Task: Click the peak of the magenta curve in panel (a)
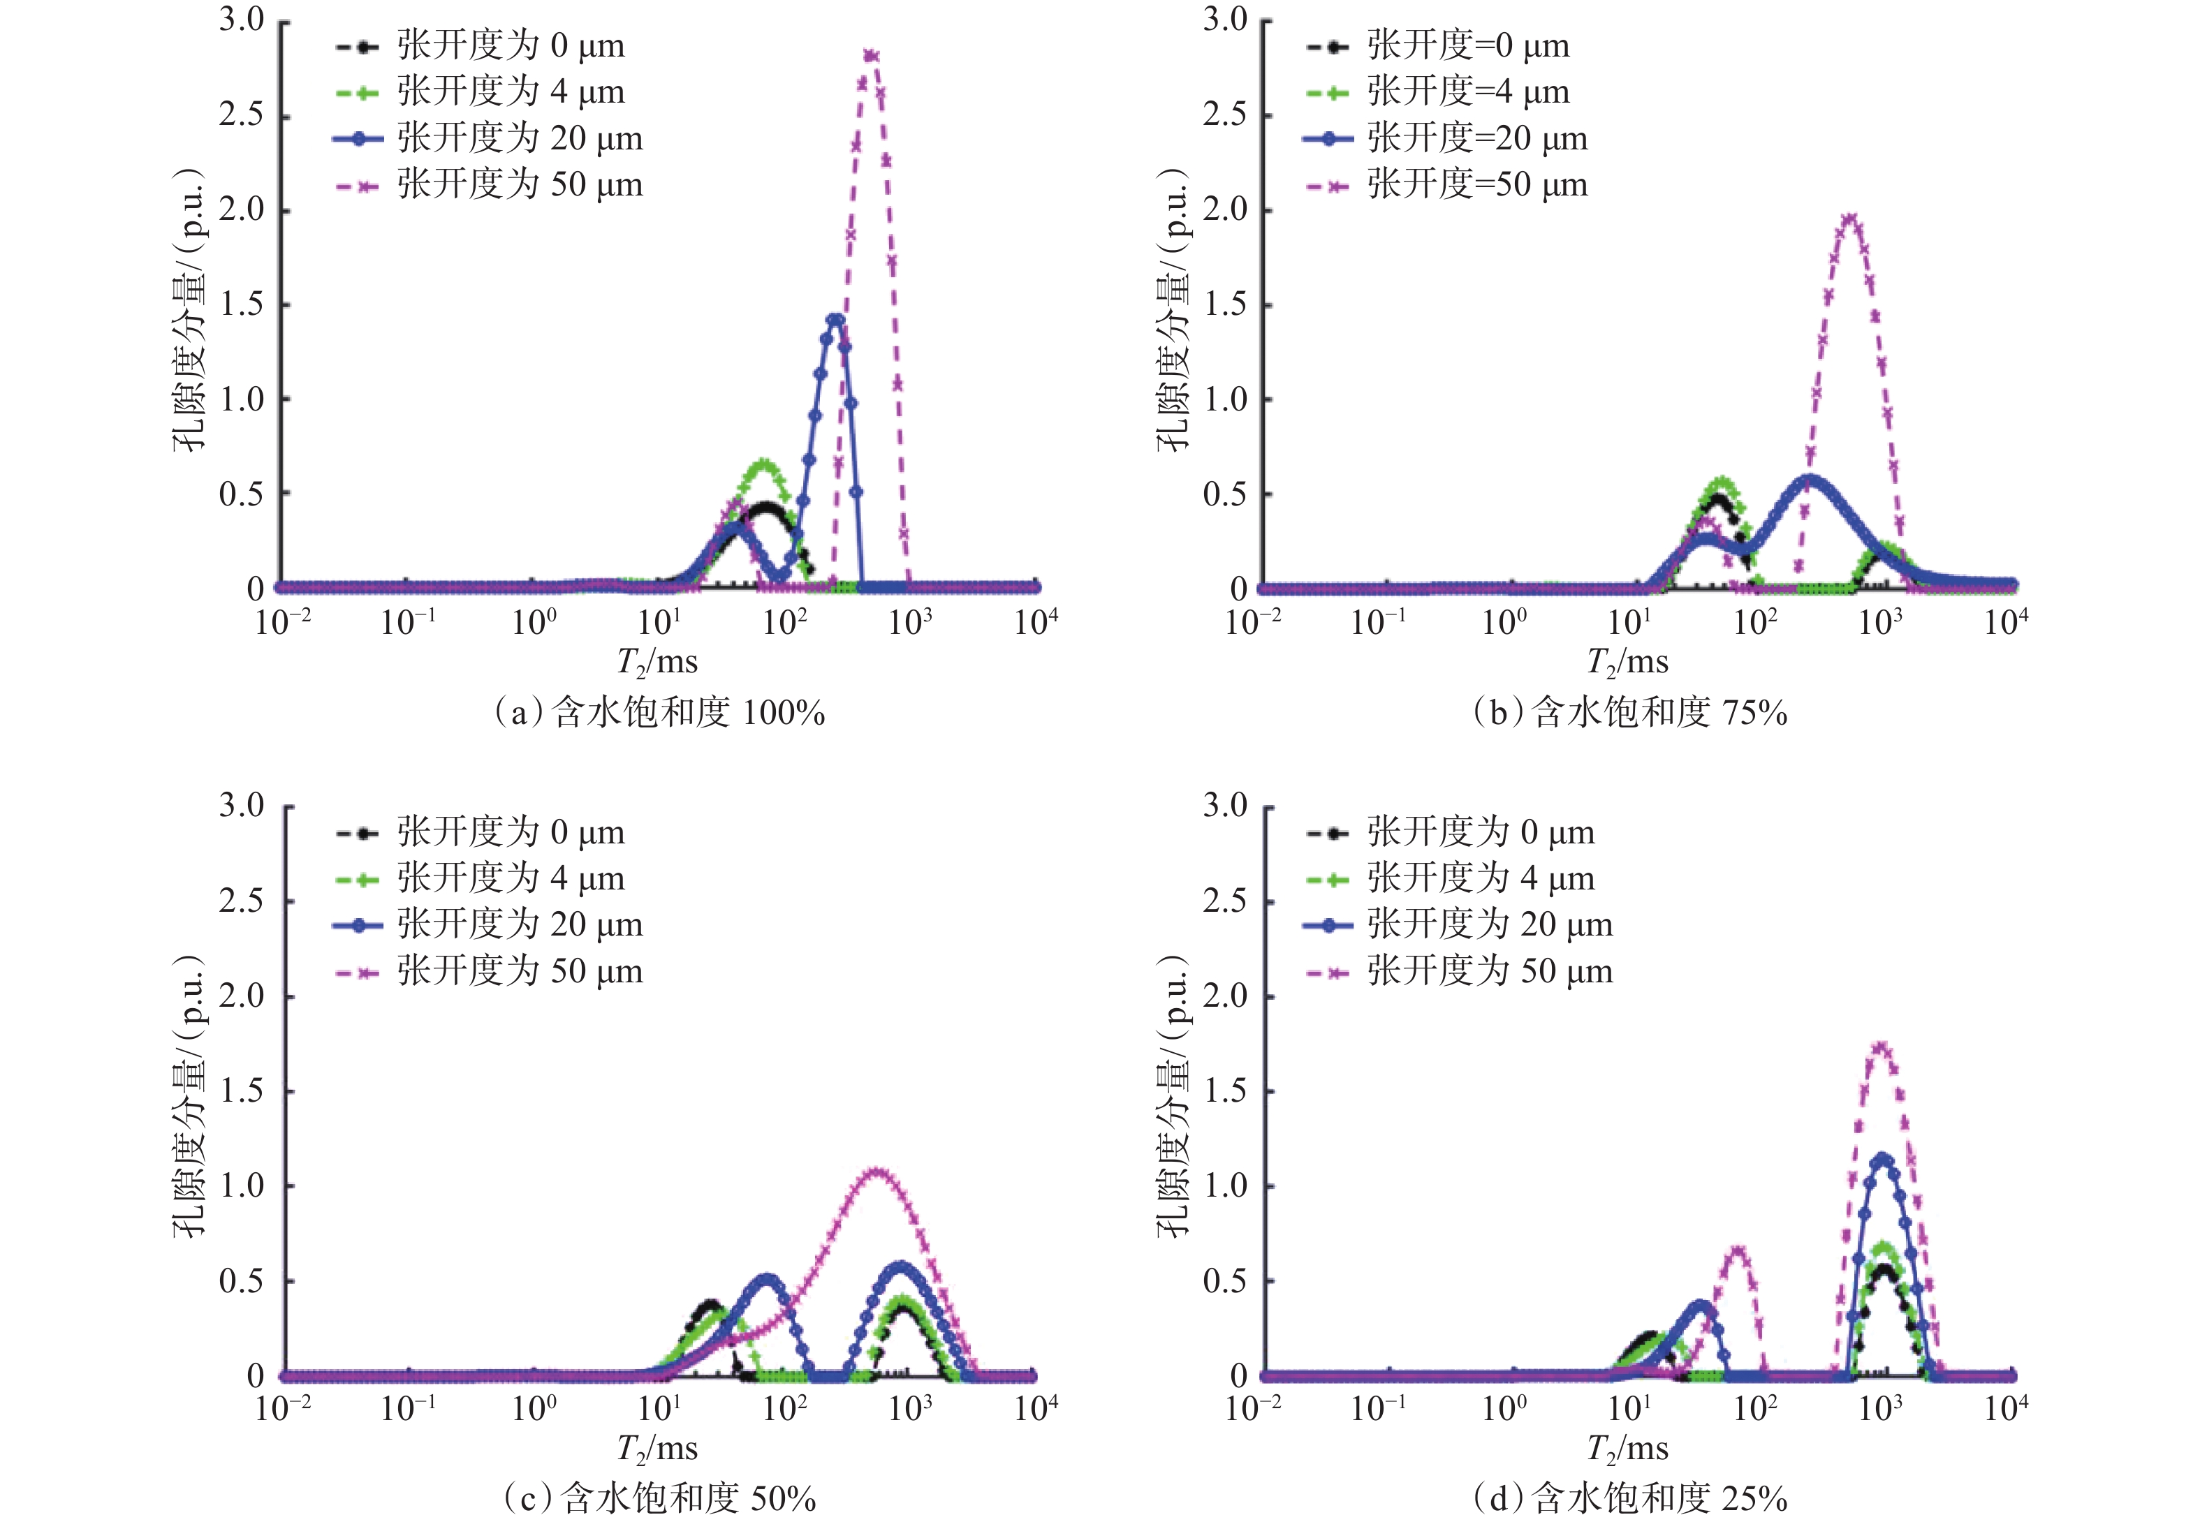tap(870, 55)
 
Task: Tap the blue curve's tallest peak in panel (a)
tap(836, 320)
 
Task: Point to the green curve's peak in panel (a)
tap(764, 464)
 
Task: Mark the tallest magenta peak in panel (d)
tap(1880, 1047)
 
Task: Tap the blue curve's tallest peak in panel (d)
tap(1882, 1159)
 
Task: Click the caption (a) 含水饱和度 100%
tap(659, 712)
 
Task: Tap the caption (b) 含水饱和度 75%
tap(1629, 712)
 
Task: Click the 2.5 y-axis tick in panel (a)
tap(242, 115)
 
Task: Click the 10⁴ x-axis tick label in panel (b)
tap(2005, 622)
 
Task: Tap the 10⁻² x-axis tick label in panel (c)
tap(284, 1408)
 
